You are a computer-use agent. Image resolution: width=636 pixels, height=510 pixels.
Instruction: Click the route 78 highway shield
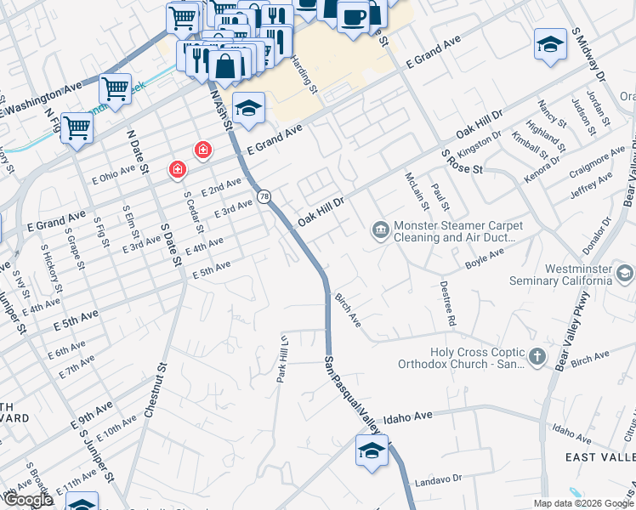[264, 196]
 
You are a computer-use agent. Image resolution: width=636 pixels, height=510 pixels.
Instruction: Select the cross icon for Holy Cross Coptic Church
[537, 358]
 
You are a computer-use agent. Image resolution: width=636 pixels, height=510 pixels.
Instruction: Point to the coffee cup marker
[353, 16]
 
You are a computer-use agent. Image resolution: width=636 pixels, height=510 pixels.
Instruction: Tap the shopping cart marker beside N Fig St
[77, 127]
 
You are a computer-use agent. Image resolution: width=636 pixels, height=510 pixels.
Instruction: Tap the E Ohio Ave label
[116, 173]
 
